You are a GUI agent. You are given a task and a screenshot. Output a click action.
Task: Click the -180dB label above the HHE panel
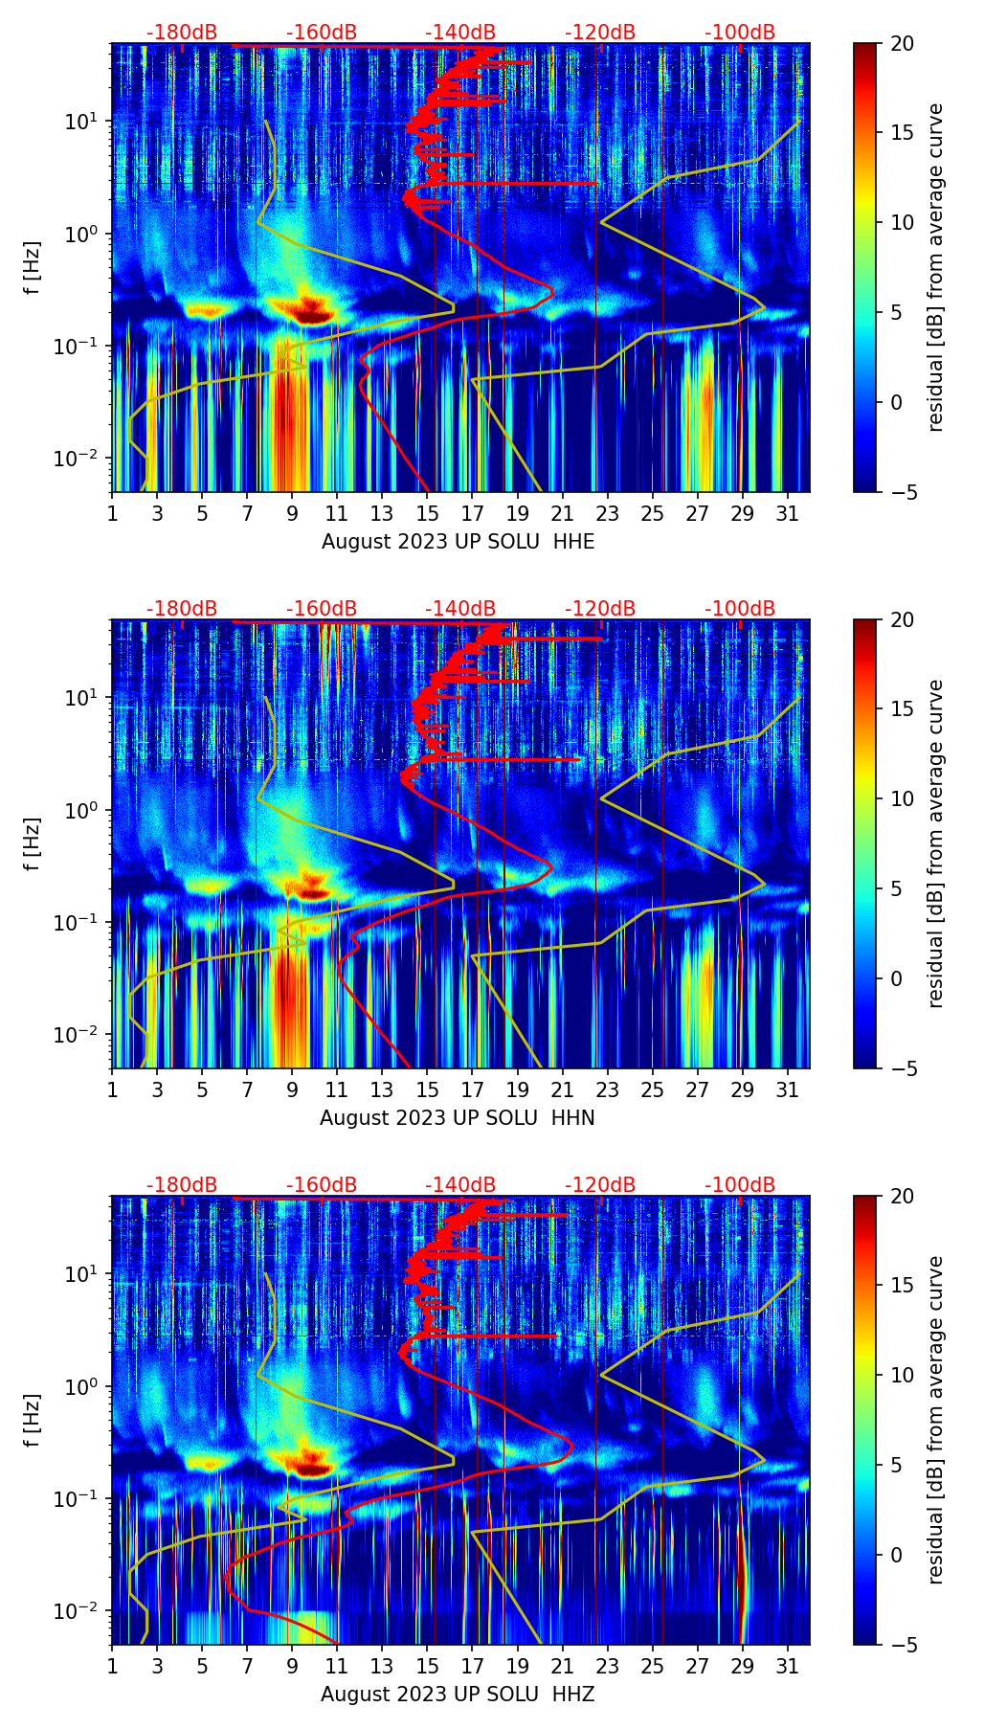pyautogui.click(x=182, y=33)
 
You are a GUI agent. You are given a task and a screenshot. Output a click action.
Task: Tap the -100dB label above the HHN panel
pyautogui.click(x=740, y=609)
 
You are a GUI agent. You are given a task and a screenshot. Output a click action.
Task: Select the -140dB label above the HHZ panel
pyautogui.click(x=460, y=1185)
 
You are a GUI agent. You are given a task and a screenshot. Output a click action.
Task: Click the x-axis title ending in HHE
pyautogui.click(x=458, y=542)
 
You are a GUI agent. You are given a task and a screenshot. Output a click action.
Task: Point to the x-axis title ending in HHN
pyautogui.click(x=458, y=1118)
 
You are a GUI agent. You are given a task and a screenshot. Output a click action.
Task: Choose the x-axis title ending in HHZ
pyautogui.click(x=458, y=1695)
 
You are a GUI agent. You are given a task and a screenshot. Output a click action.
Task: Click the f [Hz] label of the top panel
pyautogui.click(x=33, y=268)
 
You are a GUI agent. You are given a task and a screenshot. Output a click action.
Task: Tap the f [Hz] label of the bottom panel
pyautogui.click(x=33, y=1421)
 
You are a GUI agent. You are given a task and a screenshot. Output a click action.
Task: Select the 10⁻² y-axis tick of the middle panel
pyautogui.click(x=80, y=1035)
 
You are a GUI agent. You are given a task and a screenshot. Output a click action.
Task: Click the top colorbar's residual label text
pyautogui.click(x=936, y=268)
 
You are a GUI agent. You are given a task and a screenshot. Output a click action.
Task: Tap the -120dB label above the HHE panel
pyautogui.click(x=600, y=33)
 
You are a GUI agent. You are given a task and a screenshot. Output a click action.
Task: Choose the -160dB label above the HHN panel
pyautogui.click(x=322, y=609)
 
